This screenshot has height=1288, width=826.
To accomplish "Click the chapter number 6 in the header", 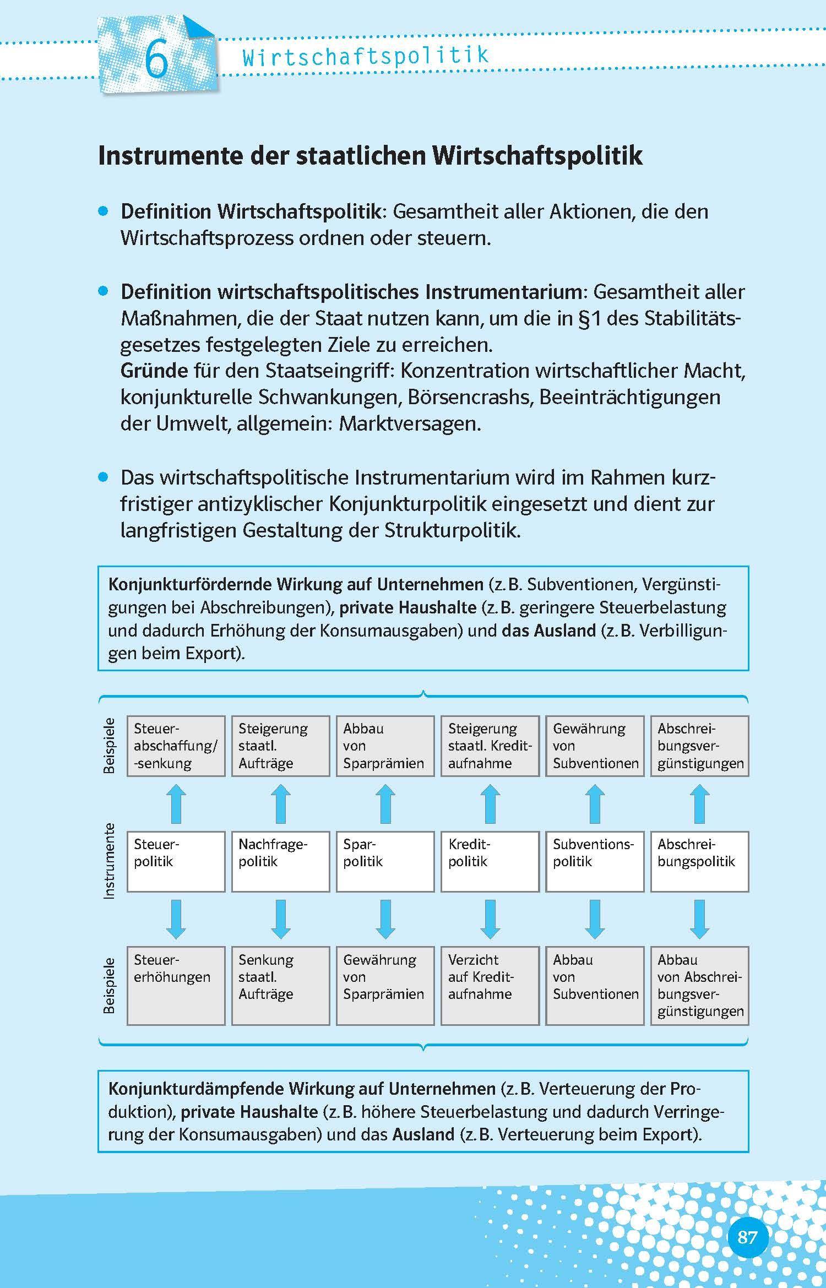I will point(156,61).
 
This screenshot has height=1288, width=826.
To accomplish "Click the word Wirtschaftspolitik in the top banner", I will point(365,56).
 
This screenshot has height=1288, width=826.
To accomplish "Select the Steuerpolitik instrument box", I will point(176,861).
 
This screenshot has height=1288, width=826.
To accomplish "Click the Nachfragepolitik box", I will point(280,861).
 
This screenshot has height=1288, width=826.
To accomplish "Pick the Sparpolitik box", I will point(385,861).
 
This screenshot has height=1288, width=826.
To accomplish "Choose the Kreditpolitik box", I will point(490,861).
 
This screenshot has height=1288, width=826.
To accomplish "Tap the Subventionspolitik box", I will point(595,861).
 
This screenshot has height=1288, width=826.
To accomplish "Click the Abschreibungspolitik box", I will point(699,861).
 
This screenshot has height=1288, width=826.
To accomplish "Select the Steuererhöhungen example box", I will point(176,985).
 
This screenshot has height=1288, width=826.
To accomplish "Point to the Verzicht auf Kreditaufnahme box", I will point(490,985).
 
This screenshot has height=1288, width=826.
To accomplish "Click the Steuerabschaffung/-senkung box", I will point(176,746).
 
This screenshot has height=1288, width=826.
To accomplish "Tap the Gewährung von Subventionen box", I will point(595,746).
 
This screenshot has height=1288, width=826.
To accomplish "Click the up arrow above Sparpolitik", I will point(385,804).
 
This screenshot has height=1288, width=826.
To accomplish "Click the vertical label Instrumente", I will point(110,861).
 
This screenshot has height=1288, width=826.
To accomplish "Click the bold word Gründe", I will point(154,371).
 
